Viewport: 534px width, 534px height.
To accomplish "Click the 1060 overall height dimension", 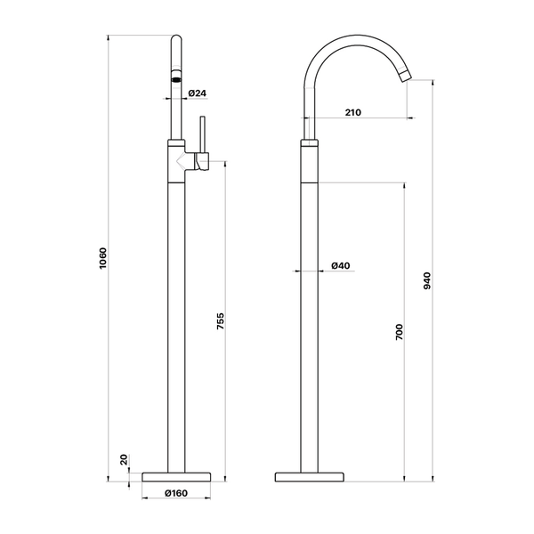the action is click(x=103, y=258).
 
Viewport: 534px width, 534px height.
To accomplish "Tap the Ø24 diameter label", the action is click(x=198, y=93).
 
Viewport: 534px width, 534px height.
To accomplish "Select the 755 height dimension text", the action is click(x=221, y=320).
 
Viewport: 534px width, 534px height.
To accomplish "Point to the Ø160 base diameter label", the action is click(x=175, y=493).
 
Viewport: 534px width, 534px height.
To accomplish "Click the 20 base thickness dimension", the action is click(x=124, y=459).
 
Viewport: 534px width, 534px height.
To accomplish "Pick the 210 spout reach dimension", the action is click(x=352, y=112).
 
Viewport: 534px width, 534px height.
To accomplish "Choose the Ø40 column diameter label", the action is click(x=341, y=265).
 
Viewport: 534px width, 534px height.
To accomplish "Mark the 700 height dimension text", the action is click(x=399, y=332).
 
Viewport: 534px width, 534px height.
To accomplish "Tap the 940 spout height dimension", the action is click(x=427, y=281).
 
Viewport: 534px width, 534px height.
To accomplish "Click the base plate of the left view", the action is click(x=176, y=477).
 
